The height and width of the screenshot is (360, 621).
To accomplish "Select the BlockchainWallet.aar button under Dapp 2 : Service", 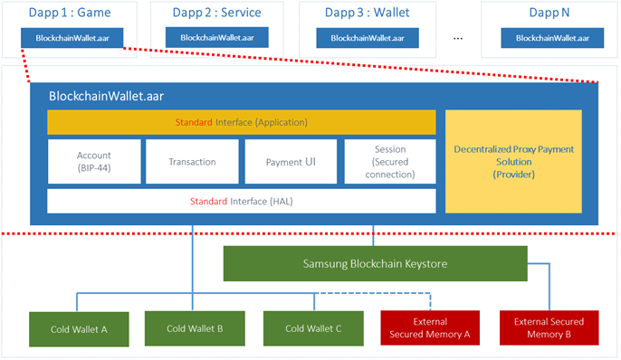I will (216, 38).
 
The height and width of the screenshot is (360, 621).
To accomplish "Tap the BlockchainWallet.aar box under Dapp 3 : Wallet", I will (367, 38).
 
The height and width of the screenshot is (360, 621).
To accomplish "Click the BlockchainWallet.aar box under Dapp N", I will (551, 38).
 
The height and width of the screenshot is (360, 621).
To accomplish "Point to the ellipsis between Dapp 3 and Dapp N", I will (457, 39).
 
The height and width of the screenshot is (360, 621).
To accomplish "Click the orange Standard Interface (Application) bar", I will (242, 122).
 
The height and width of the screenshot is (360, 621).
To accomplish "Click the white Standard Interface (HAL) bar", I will (242, 201).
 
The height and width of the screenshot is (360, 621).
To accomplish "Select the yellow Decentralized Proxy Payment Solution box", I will (513, 161).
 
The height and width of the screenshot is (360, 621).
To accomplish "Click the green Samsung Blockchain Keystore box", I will (375, 263).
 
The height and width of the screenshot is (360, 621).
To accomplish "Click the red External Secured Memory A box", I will (429, 328).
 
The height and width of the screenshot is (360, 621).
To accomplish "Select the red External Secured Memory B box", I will (549, 327).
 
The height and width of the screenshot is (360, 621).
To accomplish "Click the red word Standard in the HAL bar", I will (207, 201).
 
